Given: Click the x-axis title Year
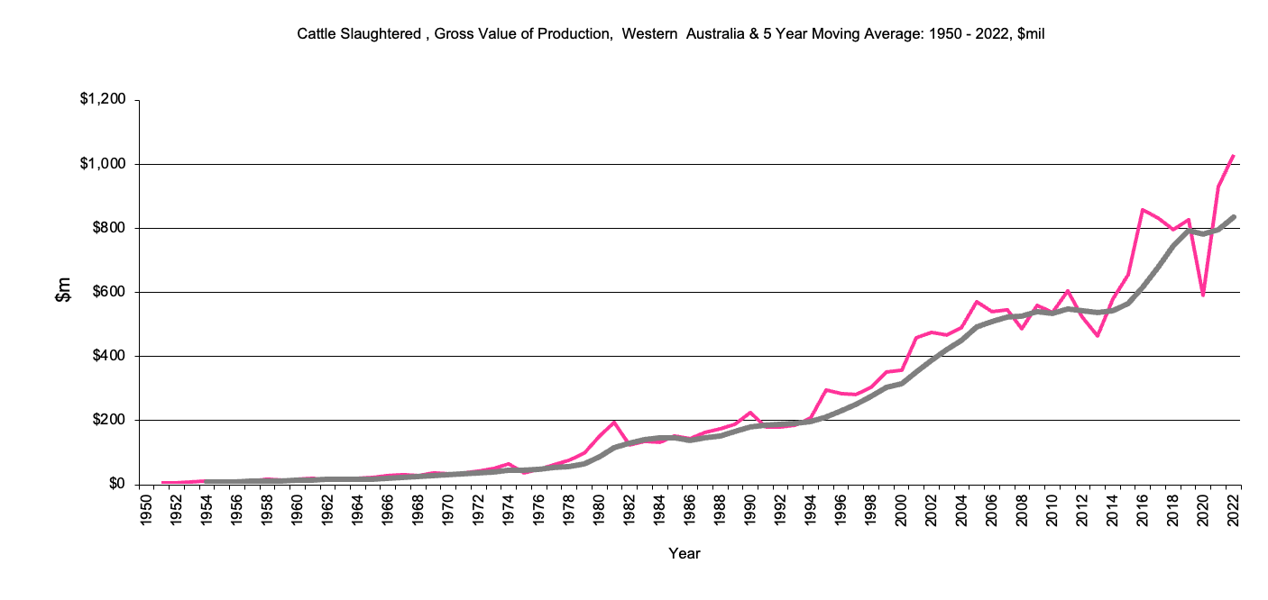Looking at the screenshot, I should coord(685,553).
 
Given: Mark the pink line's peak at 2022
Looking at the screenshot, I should coord(1233,156).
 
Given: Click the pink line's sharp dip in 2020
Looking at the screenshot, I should coord(1203,295).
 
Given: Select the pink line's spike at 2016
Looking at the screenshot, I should coord(1143,210).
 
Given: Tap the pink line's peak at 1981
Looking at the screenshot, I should coord(614,422).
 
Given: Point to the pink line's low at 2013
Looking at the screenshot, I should coord(1098,335).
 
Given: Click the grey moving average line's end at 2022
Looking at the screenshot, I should coord(1233,217).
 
